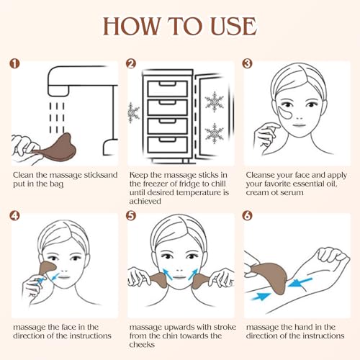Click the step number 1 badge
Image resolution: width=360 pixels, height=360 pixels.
point(16,63)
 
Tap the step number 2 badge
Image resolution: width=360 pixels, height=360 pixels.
point(131,63)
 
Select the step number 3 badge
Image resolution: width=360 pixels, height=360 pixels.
point(247,63)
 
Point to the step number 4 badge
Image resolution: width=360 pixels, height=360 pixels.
point(16,215)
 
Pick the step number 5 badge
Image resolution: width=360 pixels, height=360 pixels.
point(131,215)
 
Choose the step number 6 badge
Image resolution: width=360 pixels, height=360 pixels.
point(247,215)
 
